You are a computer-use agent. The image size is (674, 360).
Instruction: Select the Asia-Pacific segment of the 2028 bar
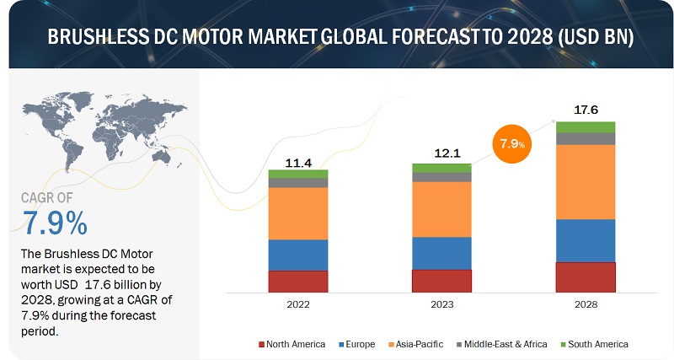pyautogui.click(x=585, y=182)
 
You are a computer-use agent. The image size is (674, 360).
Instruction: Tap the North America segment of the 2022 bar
pyautogui.click(x=298, y=282)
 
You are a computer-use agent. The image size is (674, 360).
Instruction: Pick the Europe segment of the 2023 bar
pyautogui.click(x=441, y=253)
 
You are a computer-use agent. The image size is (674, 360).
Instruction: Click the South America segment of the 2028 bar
pyautogui.click(x=585, y=127)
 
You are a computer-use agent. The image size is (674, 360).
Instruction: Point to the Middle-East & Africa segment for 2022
pyautogui.click(x=298, y=182)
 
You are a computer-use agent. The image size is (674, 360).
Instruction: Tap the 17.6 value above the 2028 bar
pyautogui.click(x=585, y=110)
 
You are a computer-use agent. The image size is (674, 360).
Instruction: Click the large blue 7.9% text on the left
pyautogui.click(x=55, y=223)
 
